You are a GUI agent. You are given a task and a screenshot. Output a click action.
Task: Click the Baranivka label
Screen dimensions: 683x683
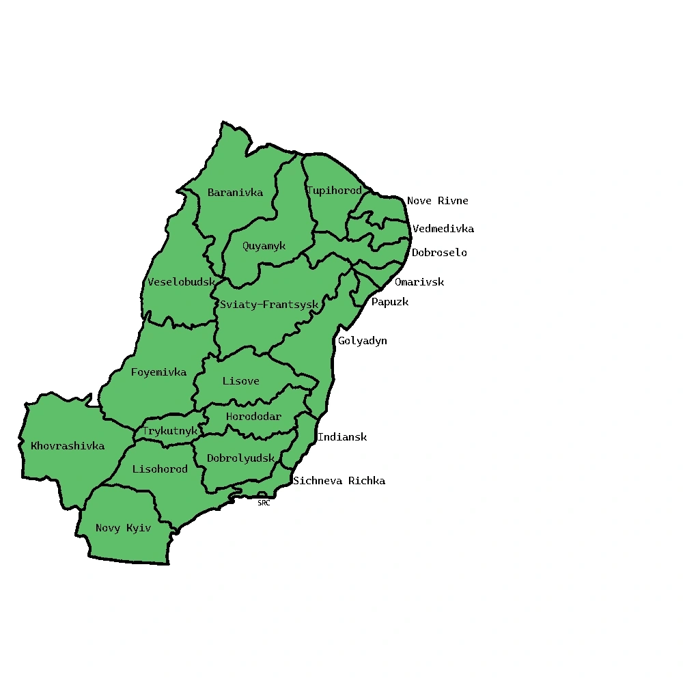tap(235, 193)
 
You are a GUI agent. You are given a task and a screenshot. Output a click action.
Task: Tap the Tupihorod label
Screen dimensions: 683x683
tap(334, 191)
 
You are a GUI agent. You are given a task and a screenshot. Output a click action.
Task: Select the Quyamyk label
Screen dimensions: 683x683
tap(264, 246)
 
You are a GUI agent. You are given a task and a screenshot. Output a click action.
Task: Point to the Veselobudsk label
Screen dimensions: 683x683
tap(181, 282)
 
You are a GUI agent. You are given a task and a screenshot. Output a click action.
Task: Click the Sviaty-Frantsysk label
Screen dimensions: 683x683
tap(269, 305)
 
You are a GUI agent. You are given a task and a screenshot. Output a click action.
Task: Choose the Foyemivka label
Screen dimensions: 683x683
tap(158, 372)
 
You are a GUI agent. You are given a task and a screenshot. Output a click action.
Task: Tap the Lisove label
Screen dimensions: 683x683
tap(240, 381)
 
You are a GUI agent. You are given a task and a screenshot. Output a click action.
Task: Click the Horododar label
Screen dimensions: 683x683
tap(253, 417)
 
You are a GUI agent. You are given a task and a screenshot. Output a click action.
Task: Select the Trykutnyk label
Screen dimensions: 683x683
tap(169, 431)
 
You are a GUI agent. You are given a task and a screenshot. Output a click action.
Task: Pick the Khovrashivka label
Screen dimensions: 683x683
tap(68, 446)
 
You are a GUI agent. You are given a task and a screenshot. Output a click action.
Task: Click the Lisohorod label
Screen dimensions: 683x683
tap(160, 469)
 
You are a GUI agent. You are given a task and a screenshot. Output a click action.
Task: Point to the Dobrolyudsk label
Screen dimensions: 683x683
tap(240, 458)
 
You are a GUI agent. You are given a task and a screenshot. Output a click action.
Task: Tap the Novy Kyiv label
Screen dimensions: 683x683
tap(123, 528)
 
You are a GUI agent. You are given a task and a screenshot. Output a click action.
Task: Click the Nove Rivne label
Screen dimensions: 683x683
tap(438, 201)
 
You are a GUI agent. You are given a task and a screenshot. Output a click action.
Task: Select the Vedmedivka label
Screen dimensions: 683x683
tap(443, 229)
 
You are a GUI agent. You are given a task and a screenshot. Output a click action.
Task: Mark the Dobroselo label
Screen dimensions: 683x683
tap(439, 253)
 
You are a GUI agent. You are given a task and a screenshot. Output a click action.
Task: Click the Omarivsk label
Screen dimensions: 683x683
tap(419, 282)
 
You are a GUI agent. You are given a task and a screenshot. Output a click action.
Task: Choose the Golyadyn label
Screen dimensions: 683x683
tap(362, 341)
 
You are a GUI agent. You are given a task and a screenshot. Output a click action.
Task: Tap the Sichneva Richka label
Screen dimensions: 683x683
tap(339, 481)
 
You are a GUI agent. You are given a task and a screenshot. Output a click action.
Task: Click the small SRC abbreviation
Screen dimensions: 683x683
tap(264, 503)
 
